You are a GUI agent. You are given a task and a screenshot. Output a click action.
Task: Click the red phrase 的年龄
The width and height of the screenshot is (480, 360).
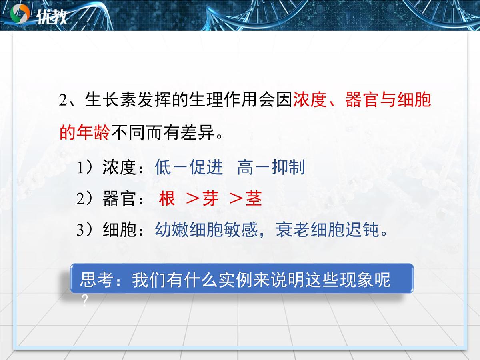[x=84, y=132]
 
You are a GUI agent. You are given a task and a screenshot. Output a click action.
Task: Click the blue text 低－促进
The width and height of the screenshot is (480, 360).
[x=188, y=168]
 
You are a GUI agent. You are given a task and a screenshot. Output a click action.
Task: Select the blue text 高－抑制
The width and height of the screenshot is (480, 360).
[x=271, y=168]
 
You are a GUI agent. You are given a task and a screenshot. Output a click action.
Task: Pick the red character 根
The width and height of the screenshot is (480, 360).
[x=167, y=199]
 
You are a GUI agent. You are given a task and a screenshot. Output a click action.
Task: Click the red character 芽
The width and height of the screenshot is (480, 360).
[x=210, y=199]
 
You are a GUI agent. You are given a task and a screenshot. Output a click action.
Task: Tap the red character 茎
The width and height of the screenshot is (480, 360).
[x=254, y=199]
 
